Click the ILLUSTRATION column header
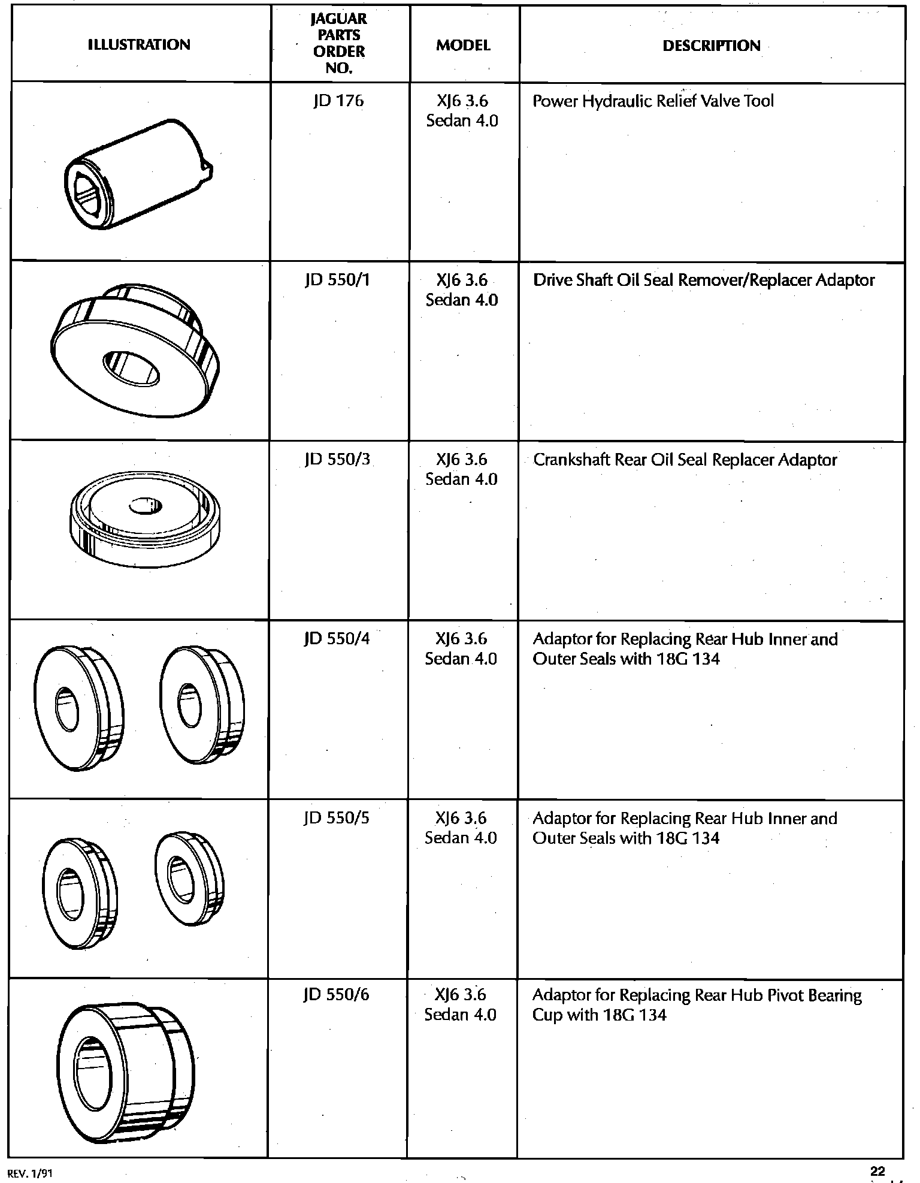(x=139, y=44)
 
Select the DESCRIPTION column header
(x=711, y=46)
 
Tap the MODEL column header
(x=463, y=46)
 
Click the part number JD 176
(x=338, y=101)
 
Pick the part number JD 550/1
(x=338, y=280)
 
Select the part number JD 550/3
(x=338, y=460)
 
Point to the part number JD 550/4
(x=337, y=639)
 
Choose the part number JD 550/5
(x=337, y=818)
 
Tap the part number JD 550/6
(x=336, y=995)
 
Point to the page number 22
(x=877, y=1171)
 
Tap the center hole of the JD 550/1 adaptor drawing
(x=131, y=367)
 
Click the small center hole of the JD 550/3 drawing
(x=145, y=506)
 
